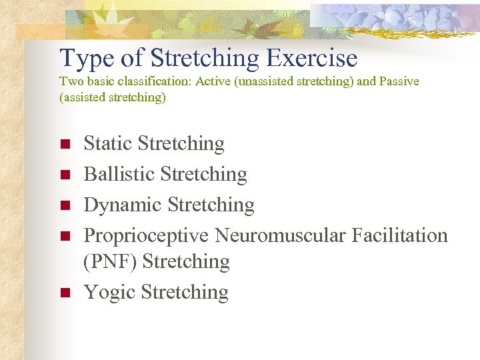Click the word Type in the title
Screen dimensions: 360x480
(x=85, y=59)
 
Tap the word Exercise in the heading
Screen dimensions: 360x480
(x=312, y=59)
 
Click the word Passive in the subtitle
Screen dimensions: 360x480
(x=398, y=81)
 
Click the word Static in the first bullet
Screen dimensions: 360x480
(x=108, y=143)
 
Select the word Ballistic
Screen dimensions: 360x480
(x=120, y=174)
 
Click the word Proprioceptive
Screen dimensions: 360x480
(x=155, y=235)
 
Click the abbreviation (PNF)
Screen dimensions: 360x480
(x=110, y=262)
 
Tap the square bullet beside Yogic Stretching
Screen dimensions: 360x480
(x=65, y=293)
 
